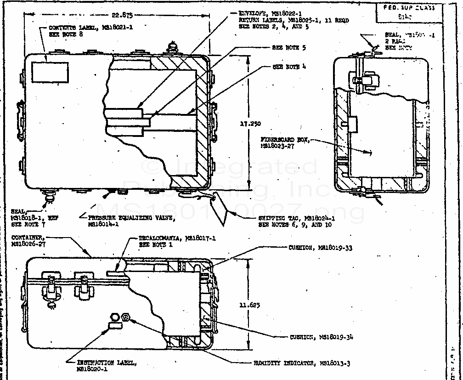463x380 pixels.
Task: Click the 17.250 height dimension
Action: pos(250,123)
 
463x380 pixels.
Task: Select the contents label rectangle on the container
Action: pos(50,73)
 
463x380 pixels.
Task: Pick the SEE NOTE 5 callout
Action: pos(285,48)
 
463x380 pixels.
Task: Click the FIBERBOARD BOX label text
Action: pos(285,142)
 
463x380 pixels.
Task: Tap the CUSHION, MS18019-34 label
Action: pos(322,337)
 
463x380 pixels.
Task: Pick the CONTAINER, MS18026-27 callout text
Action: pos(28,240)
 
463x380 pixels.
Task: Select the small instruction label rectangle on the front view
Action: pos(115,326)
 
